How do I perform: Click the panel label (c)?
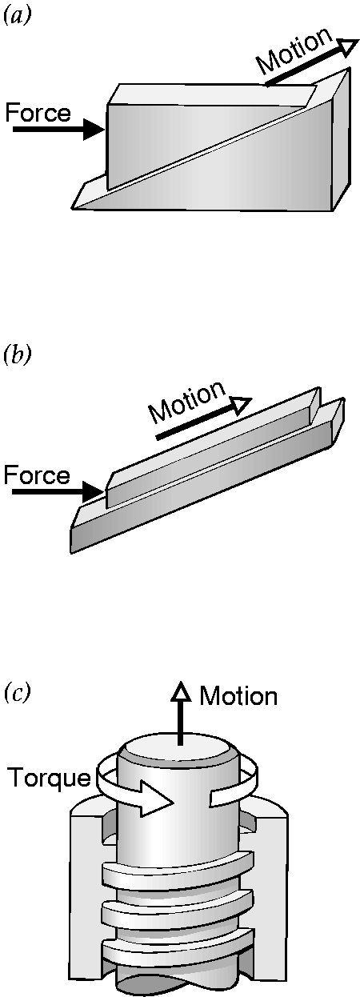(x=17, y=694)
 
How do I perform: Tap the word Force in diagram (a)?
(x=38, y=113)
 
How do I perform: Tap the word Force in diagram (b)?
(x=37, y=475)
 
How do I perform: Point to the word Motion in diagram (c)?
(x=238, y=696)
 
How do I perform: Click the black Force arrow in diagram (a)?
(x=58, y=130)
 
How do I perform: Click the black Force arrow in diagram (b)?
(x=58, y=492)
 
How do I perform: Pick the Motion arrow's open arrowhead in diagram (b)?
(x=240, y=405)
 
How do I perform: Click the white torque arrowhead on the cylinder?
(x=156, y=798)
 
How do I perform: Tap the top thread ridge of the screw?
(x=178, y=865)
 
